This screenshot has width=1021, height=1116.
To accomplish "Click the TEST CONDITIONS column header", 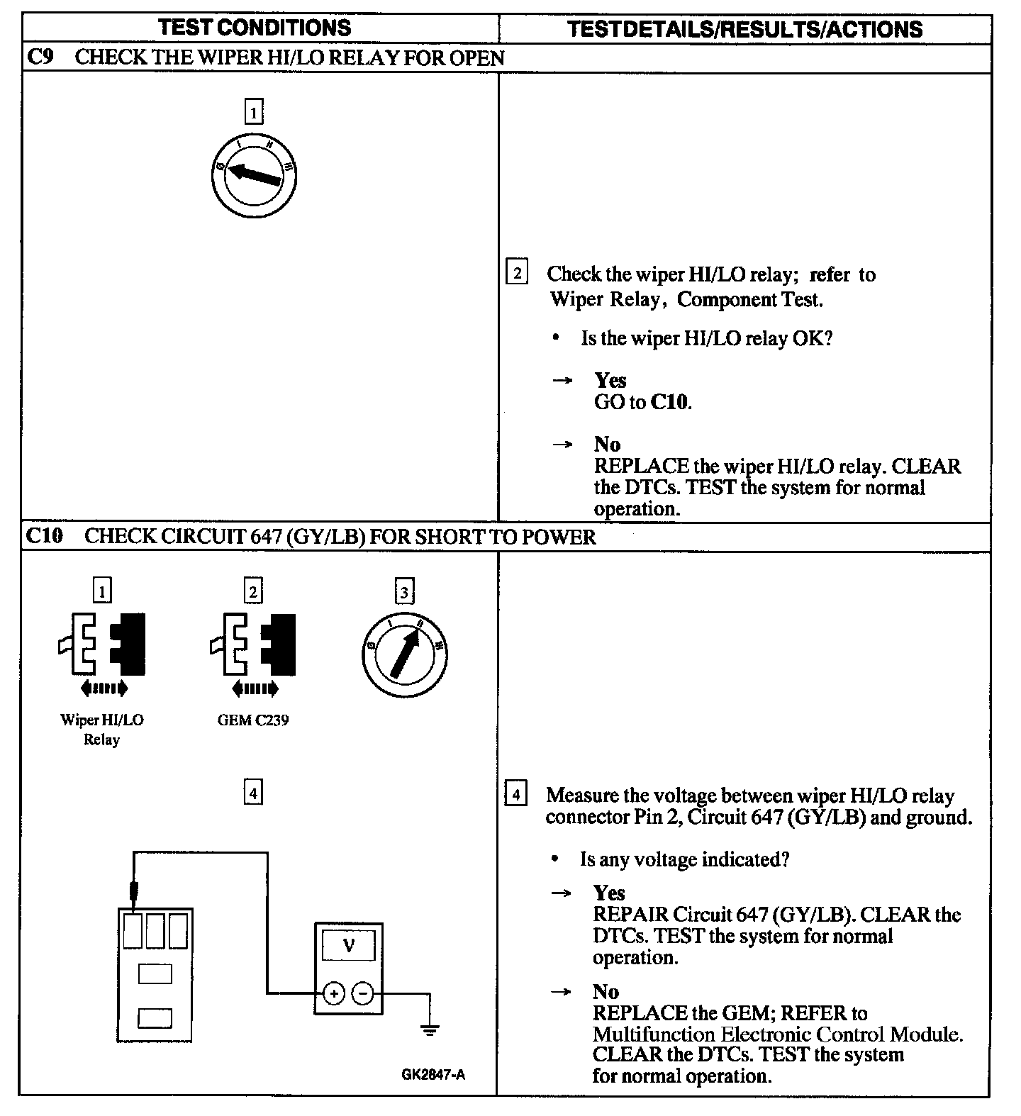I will [255, 28].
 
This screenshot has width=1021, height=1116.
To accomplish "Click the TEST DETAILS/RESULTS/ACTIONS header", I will [745, 29].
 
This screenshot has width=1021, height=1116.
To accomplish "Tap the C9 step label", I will [40, 57].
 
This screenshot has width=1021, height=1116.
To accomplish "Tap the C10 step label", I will [44, 536].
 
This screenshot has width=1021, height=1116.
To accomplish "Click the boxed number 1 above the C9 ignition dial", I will [253, 112].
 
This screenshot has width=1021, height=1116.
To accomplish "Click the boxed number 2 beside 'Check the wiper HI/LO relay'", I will [517, 273].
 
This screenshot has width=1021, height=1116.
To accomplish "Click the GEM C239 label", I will [253, 720].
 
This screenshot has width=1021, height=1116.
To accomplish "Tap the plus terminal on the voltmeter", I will [333, 993].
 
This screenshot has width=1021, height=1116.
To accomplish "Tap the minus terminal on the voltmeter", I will [362, 993].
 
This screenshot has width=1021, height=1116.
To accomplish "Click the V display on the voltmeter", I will [348, 945].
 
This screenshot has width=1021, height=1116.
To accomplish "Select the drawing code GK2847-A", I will [433, 1075].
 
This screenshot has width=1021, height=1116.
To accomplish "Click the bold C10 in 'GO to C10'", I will [669, 402].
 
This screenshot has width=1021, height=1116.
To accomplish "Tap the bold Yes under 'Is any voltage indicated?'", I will [609, 893].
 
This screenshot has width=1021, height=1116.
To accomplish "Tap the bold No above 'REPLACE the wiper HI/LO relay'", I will [607, 445].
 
